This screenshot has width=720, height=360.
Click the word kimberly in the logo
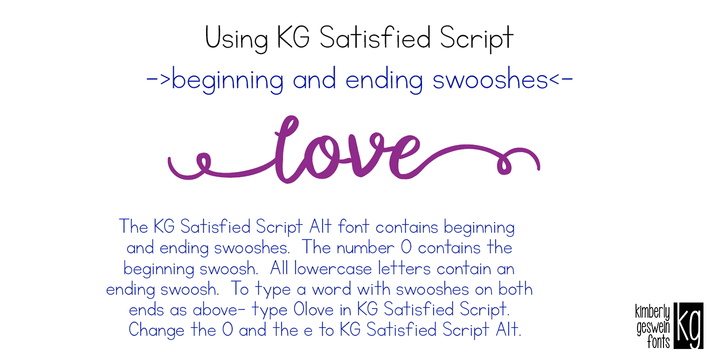pos(655,309)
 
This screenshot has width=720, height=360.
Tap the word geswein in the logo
pos(655,323)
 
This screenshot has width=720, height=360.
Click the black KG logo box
pos(690,324)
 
